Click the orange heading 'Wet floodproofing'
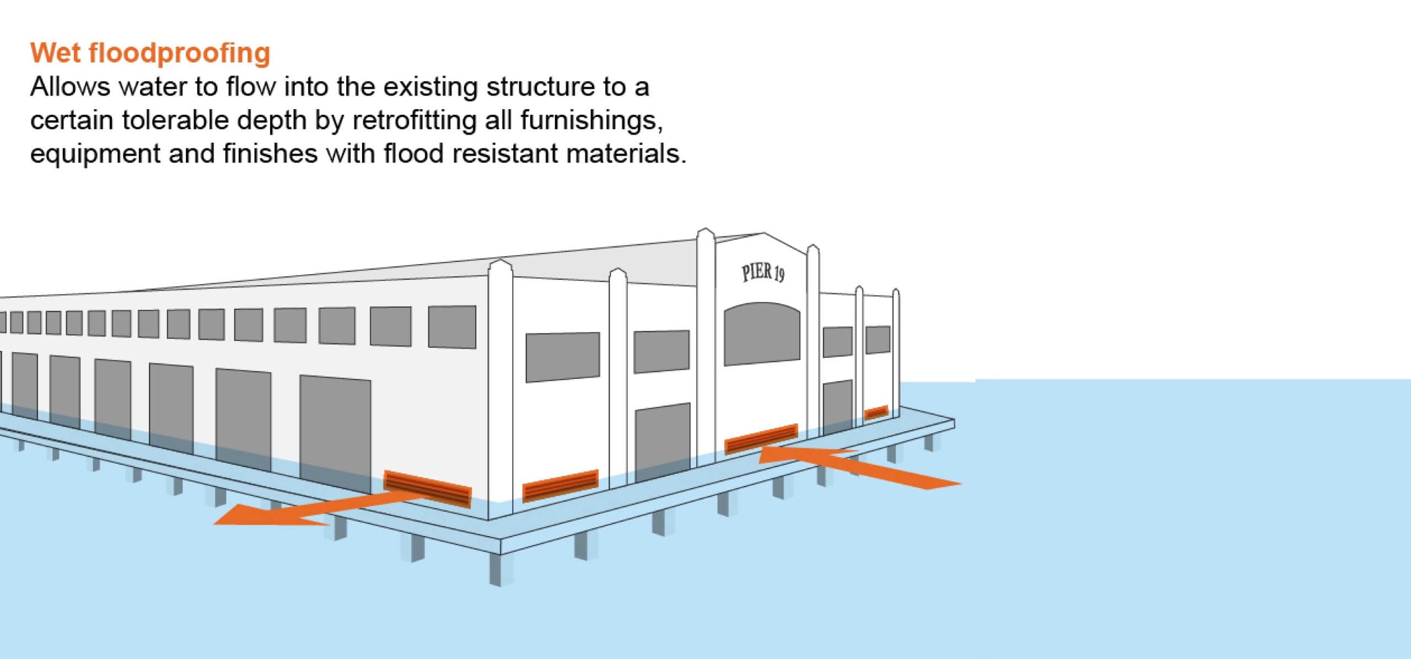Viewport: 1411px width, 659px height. (x=150, y=53)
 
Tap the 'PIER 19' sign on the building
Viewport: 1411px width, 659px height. (x=763, y=272)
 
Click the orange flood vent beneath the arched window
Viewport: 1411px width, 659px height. (x=761, y=438)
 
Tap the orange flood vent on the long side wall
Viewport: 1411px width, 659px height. (x=428, y=489)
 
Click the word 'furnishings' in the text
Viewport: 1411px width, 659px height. (x=591, y=120)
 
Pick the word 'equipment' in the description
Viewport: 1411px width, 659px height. (x=95, y=154)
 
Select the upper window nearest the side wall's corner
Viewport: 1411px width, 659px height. (x=452, y=327)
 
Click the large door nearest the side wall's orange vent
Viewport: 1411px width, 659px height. (x=335, y=433)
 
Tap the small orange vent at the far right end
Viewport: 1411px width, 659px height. (x=876, y=412)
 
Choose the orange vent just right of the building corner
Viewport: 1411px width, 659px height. (x=560, y=485)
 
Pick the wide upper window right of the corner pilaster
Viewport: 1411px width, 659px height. (x=562, y=357)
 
